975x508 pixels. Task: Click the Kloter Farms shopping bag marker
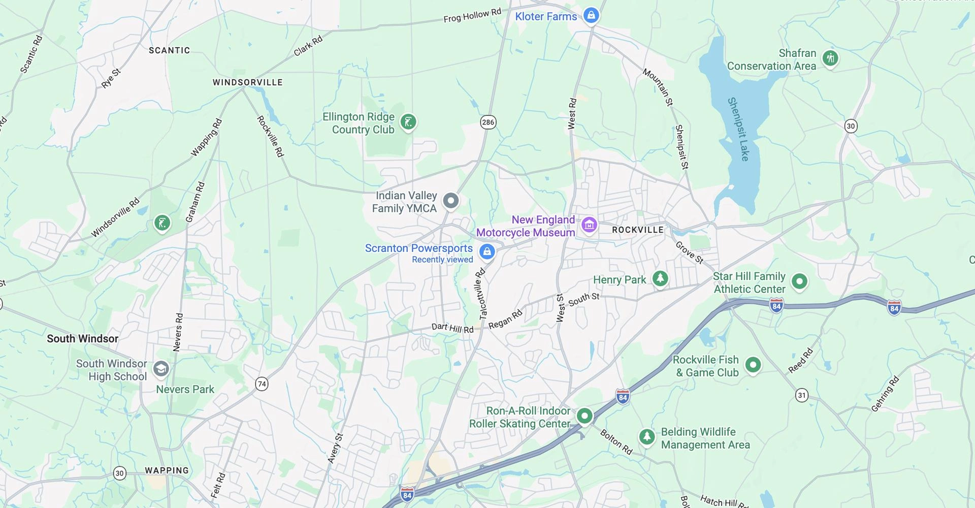(x=591, y=15)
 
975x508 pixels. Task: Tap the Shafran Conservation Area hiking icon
(x=831, y=58)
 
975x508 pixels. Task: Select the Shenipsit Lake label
(x=739, y=130)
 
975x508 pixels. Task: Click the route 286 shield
(x=488, y=122)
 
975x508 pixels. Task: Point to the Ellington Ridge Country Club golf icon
(x=408, y=122)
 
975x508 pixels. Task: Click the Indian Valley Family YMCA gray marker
(x=450, y=201)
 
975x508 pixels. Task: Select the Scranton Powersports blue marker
(x=487, y=251)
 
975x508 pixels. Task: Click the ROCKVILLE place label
(x=637, y=230)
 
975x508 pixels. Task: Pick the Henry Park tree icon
(x=660, y=278)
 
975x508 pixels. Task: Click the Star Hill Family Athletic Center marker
(x=799, y=281)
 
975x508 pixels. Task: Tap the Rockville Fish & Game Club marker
(x=753, y=364)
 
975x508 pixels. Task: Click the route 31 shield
(x=801, y=395)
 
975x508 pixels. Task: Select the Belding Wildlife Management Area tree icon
(x=646, y=436)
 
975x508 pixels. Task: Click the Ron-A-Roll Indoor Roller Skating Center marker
(x=584, y=416)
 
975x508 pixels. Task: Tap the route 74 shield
(x=262, y=384)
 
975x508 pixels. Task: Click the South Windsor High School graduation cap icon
(x=161, y=369)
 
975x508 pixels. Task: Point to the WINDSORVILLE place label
(x=247, y=82)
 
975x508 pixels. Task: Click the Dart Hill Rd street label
(x=452, y=328)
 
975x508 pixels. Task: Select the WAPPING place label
(x=167, y=470)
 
